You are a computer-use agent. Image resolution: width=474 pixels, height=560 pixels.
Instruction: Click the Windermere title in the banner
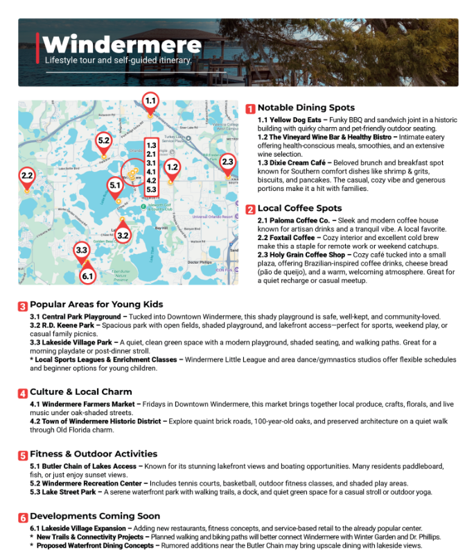(122, 45)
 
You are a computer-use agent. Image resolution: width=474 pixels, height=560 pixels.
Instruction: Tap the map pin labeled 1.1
(150, 101)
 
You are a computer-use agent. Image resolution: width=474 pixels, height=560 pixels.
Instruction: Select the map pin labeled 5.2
(104, 141)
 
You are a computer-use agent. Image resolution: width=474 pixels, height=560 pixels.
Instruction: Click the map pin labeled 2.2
(27, 176)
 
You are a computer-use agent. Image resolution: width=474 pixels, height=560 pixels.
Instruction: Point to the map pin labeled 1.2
(172, 167)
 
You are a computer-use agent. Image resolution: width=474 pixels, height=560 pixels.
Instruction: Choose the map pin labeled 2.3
(227, 162)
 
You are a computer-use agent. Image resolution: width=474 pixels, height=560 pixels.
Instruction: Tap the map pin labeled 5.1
(116, 186)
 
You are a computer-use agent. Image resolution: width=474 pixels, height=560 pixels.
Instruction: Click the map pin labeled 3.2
(123, 236)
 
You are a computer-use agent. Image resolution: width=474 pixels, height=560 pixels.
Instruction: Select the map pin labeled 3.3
(82, 251)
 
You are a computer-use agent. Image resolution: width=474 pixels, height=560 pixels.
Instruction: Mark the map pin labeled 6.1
(87, 276)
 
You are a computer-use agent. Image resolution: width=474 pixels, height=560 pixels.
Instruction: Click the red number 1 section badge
(250, 109)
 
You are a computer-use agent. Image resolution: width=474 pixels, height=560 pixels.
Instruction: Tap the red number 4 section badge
(23, 393)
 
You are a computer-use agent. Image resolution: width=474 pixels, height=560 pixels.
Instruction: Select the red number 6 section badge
(23, 518)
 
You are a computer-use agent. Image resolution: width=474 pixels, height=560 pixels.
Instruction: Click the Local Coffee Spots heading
(299, 208)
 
